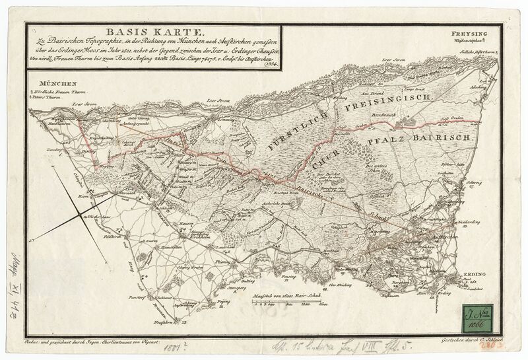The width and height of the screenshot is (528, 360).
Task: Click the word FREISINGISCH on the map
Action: pyautogui.click(x=383, y=103)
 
